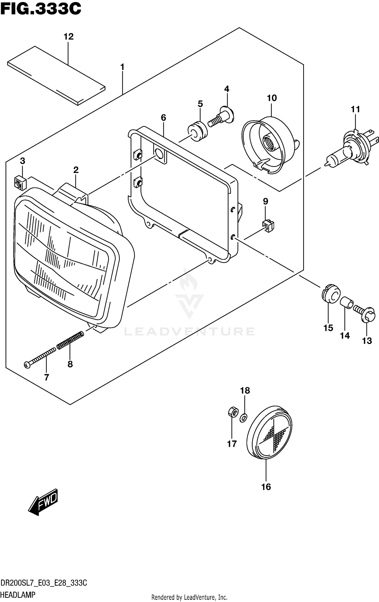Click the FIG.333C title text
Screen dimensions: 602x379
[40, 10]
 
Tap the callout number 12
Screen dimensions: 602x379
[68, 37]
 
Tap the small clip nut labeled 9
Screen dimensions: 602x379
[268, 226]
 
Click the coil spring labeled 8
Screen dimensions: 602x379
[70, 341]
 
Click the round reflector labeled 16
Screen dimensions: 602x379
[269, 433]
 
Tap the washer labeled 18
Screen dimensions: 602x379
[243, 418]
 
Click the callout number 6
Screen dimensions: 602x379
[163, 118]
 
